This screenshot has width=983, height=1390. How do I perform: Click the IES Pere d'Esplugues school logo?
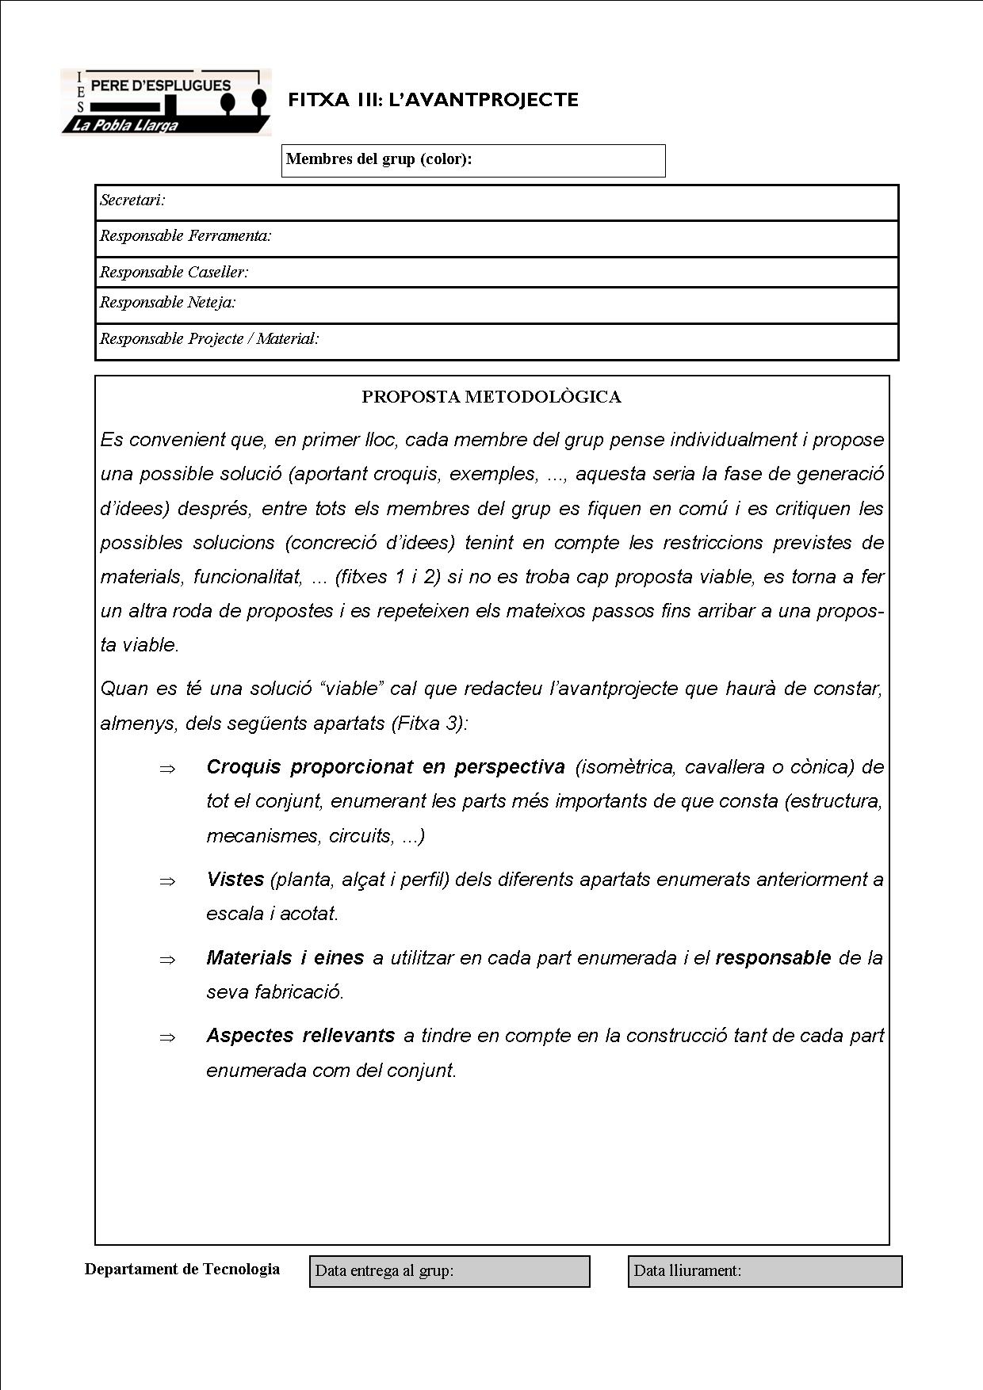166,102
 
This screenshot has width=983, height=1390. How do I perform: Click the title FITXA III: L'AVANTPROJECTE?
433,100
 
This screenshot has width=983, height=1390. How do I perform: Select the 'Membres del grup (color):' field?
473,160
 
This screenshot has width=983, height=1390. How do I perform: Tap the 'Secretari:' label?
132,200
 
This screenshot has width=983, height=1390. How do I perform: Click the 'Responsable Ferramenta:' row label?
186,236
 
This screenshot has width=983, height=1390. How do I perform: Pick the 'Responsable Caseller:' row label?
174,273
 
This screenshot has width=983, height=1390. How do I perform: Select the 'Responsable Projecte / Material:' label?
209,339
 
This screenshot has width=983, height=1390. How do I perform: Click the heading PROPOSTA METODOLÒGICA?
491,397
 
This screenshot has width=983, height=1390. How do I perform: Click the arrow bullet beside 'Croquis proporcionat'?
166,769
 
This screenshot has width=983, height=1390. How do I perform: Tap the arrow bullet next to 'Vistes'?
166,881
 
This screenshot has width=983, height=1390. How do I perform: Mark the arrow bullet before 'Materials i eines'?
166,960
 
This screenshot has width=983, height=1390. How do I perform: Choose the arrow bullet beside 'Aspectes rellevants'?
166,1037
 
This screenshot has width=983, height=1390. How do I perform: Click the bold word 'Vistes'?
235,880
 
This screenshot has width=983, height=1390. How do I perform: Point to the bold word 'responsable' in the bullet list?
773,958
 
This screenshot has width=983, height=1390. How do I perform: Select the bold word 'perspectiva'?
509,767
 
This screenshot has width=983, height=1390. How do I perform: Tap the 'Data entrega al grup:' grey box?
449,1271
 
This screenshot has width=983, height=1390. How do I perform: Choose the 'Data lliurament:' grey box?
765,1271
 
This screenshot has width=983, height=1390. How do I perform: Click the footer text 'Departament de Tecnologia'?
182,1270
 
